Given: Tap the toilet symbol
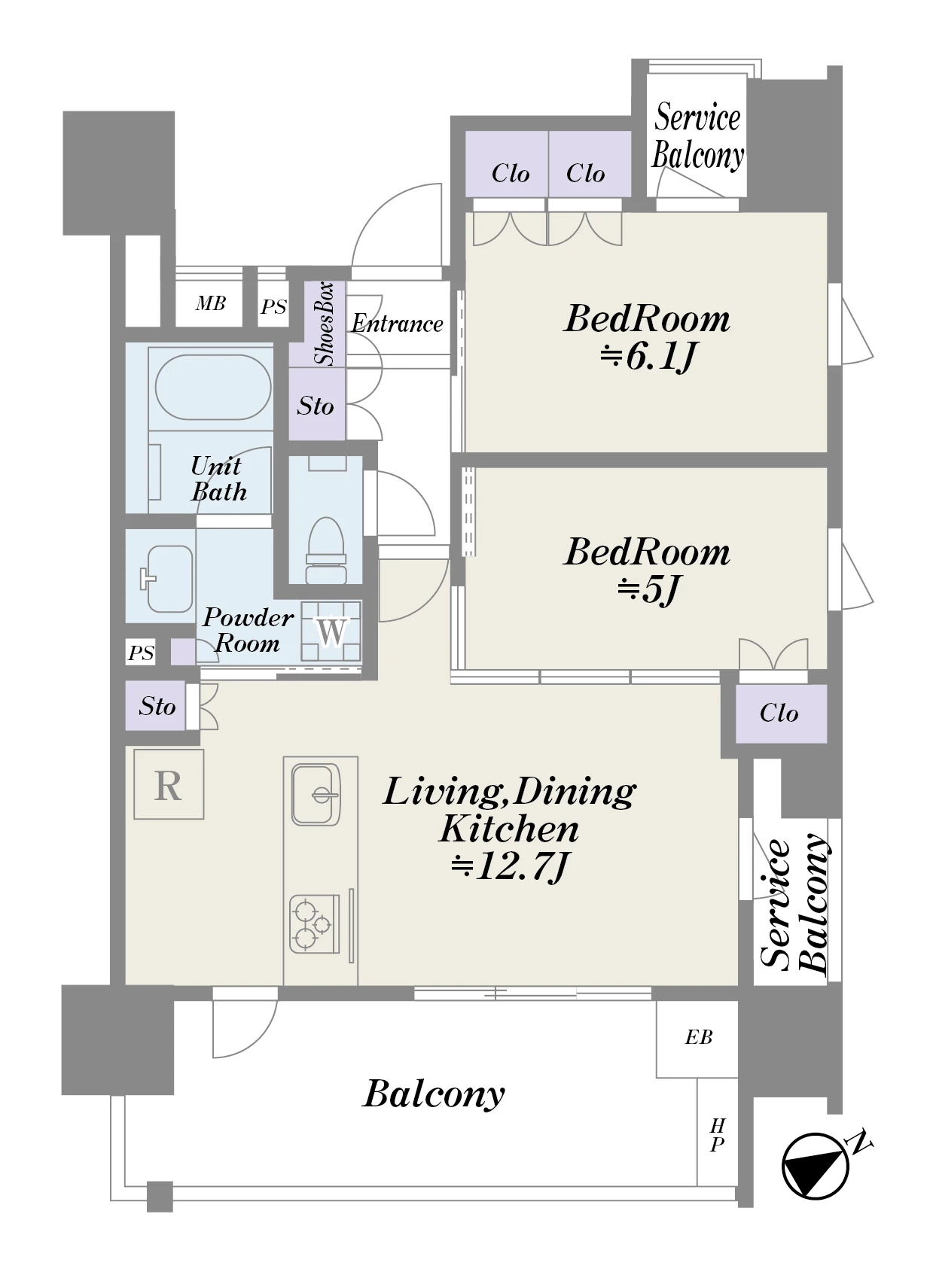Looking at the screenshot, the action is [326, 549].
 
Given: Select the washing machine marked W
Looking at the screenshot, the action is [331, 631].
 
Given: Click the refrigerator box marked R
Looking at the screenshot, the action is [169, 783].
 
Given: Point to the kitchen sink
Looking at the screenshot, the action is [316, 795].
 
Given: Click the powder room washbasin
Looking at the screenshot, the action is [168, 579].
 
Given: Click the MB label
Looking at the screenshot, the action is [210, 303].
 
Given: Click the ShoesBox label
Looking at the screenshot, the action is [325, 324].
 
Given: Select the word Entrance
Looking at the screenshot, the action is [398, 324].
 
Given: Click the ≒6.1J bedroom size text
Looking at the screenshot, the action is [648, 357].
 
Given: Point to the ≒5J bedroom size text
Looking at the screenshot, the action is [648, 589].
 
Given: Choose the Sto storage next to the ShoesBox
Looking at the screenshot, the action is [316, 404].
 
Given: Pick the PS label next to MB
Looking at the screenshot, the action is [273, 307].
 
